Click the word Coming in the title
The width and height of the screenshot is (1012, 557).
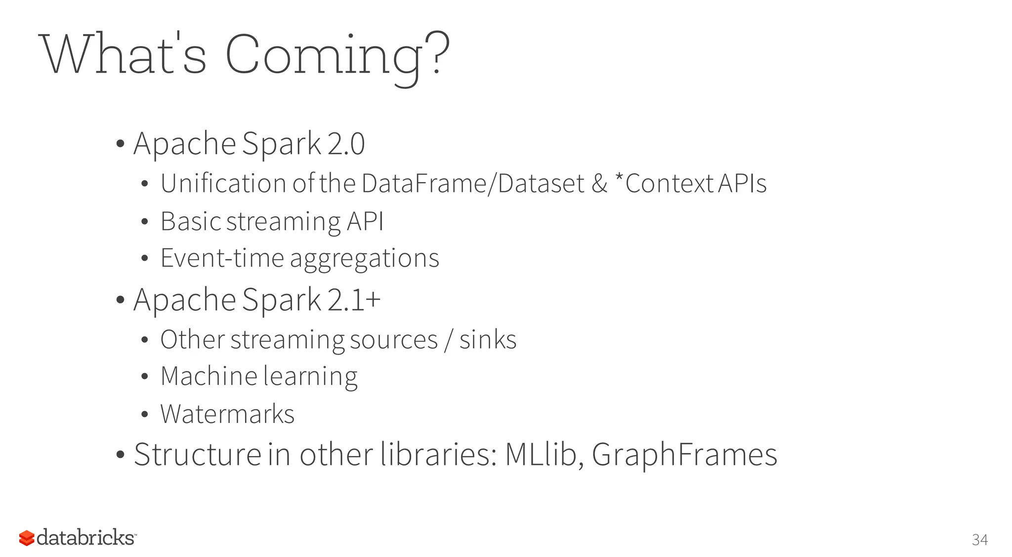point(324,55)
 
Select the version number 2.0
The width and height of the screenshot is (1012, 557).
point(346,144)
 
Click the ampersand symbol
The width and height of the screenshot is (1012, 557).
point(599,184)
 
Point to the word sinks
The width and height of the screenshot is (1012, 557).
point(488,340)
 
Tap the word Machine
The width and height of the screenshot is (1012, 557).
point(209,376)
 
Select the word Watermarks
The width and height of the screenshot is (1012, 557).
point(227,414)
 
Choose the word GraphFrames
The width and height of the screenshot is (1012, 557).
point(684,455)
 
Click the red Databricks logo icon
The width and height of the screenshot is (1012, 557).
point(27,538)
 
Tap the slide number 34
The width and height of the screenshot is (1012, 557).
point(979,540)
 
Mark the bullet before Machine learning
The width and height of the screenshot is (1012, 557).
point(144,377)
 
